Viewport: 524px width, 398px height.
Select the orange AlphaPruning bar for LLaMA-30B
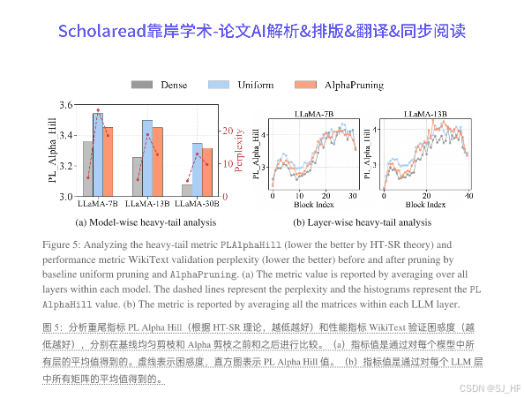coord(207,172)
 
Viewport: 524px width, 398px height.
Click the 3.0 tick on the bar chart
coord(64,197)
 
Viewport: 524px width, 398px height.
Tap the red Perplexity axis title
coord(239,151)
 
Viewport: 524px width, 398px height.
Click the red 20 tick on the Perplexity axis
coord(227,131)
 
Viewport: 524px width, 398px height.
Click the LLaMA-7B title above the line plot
coord(313,115)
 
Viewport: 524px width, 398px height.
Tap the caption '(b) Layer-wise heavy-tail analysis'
coord(362,222)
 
